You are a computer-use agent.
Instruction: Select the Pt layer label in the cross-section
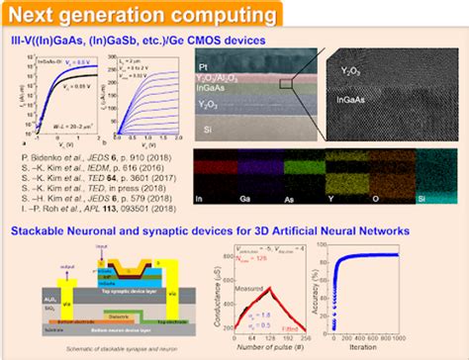(206, 66)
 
